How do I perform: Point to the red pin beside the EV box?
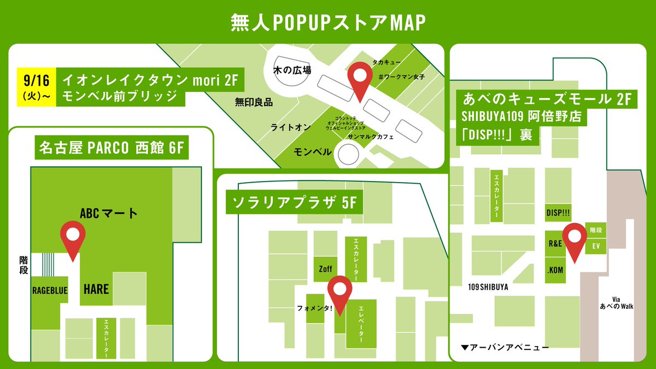pos(575,240)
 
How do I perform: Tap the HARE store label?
pos(96,290)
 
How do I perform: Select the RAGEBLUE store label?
pos(49,290)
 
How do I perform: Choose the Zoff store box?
pos(325,269)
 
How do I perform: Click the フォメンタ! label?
pos(314,308)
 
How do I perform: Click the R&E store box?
pos(555,244)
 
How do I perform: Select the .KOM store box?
pos(555,270)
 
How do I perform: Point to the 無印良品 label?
pos(254,102)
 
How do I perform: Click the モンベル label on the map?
pos(313,151)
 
